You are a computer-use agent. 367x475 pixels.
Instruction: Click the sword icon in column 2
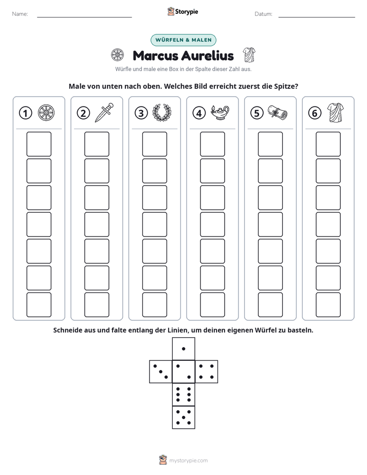pos(104,113)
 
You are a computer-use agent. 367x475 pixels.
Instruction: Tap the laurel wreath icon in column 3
pos(162,113)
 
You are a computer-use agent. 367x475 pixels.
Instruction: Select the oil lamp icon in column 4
pos(220,113)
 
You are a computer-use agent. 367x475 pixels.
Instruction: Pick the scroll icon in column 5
pos(278,113)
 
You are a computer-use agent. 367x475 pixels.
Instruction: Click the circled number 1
pos(25,113)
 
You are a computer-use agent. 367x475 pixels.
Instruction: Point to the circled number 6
pos(315,113)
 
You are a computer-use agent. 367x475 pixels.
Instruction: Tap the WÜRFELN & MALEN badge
pos(183,40)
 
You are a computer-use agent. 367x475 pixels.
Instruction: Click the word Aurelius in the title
pos(208,56)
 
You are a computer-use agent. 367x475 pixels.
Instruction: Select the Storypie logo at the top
pos(183,11)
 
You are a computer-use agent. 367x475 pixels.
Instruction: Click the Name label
pos(20,14)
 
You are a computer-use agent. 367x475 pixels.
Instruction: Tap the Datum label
pos(264,14)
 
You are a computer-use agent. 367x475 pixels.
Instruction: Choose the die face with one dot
pos(183,349)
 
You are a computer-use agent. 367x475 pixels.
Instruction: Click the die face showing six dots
pos(183,394)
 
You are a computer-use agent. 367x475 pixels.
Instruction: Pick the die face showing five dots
pos(183,417)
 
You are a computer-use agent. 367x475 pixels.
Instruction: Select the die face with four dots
pos(207,372)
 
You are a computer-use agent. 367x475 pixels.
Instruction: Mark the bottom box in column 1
pos(39,305)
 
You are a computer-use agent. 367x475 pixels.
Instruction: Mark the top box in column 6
pos(328,144)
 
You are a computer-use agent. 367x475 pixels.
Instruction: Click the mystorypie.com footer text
pos(188,461)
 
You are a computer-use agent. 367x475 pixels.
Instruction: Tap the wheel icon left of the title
pos(117,55)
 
